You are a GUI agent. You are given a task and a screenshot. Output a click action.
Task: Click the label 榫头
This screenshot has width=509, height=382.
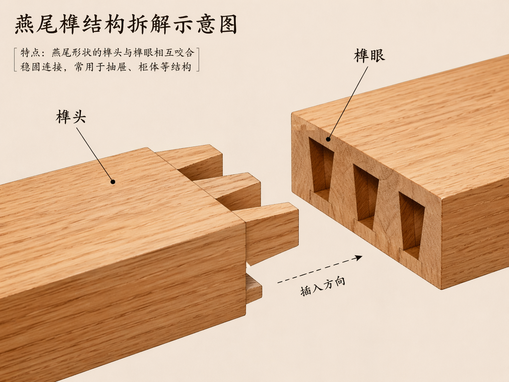[x=71, y=117]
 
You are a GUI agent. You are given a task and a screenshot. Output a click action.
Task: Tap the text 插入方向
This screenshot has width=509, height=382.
[x=323, y=286]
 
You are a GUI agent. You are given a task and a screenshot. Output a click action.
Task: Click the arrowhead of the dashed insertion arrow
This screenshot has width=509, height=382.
[x=359, y=258]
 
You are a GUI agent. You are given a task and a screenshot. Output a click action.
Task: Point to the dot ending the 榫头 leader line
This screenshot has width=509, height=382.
[x=113, y=182]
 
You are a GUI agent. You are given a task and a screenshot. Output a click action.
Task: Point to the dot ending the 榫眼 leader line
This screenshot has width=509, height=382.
[x=328, y=139]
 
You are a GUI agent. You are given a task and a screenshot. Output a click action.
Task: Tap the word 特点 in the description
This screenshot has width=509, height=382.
[x=31, y=53]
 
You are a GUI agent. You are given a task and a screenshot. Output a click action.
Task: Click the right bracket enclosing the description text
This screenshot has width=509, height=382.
[x=198, y=60]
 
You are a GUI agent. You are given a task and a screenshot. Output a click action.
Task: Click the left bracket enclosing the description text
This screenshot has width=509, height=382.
[x=15, y=60]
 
